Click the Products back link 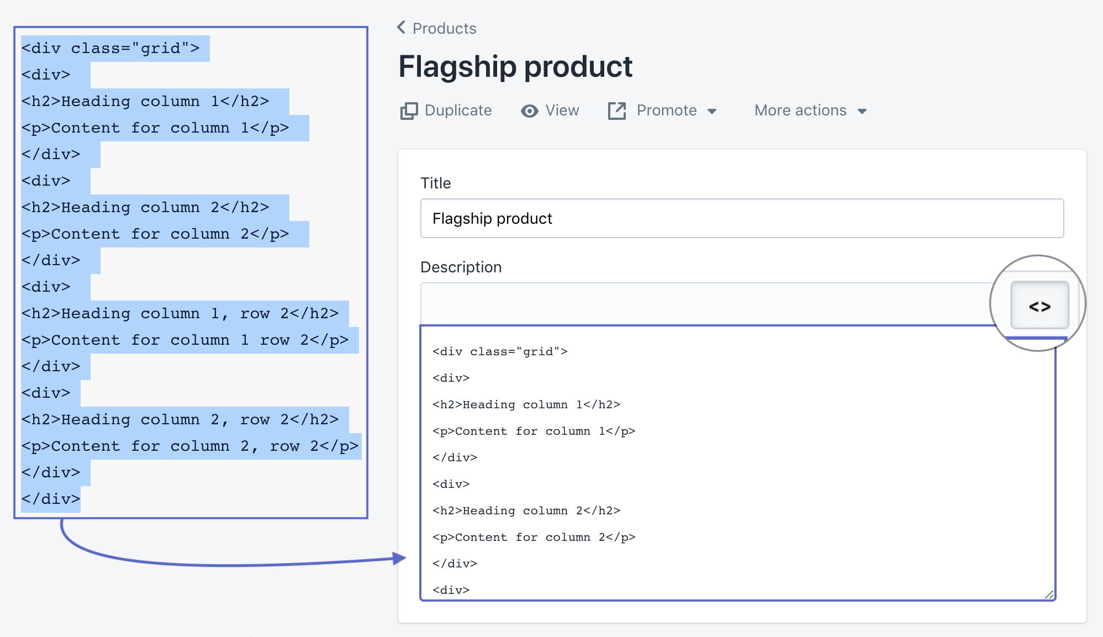[x=437, y=28]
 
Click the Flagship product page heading [x=515, y=67]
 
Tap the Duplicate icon [x=409, y=111]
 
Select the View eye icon [x=529, y=111]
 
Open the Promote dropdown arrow [x=712, y=112]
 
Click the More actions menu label [x=800, y=110]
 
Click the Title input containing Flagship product [x=741, y=218]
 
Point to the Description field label [x=461, y=267]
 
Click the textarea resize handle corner [x=1049, y=594]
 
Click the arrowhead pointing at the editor [x=400, y=558]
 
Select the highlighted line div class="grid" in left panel [x=110, y=49]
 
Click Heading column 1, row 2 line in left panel [x=180, y=314]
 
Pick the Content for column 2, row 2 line [x=189, y=446]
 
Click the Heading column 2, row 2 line [x=180, y=420]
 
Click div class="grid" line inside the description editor [x=500, y=352]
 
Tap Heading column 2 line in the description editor [x=526, y=511]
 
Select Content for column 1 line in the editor [x=534, y=431]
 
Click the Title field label [x=435, y=183]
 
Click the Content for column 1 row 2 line [x=185, y=340]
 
